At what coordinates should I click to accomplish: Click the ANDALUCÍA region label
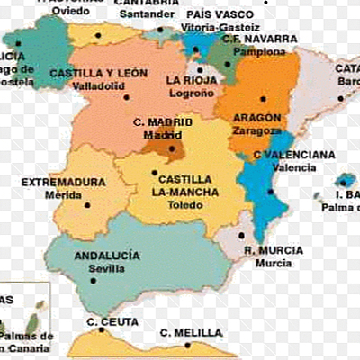click(107, 256)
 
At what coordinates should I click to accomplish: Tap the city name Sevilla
click(107, 268)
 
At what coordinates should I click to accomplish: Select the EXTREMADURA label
click(63, 182)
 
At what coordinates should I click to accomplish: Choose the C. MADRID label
click(162, 122)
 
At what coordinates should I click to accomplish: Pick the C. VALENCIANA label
click(294, 155)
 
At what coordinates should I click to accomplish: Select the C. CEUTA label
click(112, 322)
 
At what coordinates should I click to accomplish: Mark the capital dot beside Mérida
click(88, 204)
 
